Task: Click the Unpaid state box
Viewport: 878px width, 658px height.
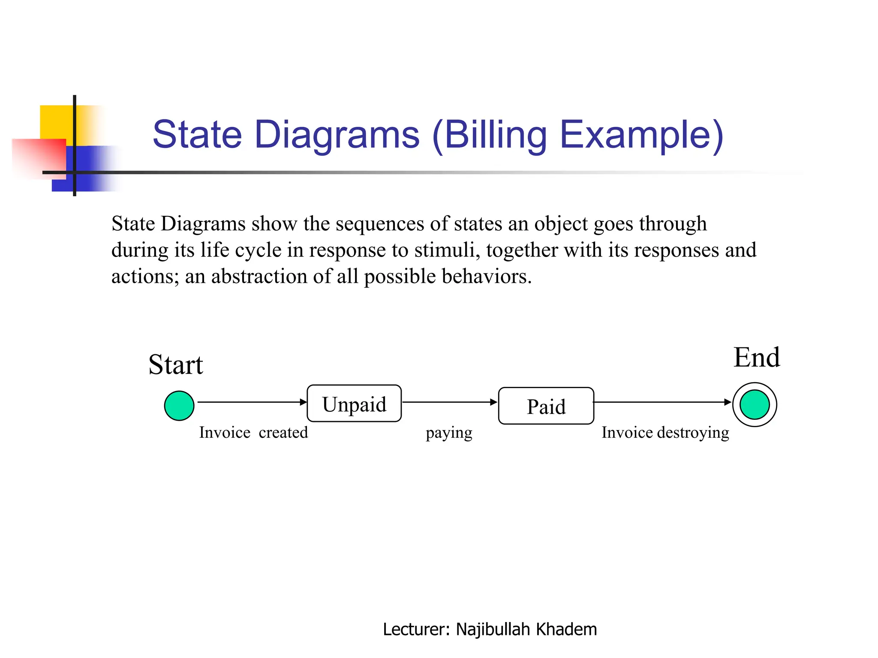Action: pos(354,404)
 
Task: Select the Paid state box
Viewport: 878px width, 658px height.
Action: pos(546,406)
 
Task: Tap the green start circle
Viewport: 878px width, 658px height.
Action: pos(179,406)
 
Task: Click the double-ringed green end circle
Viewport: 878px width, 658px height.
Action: pos(755,405)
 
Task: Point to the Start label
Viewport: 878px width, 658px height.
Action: pos(175,365)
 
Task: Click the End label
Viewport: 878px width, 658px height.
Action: pos(756,358)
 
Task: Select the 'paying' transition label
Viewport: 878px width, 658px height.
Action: pos(449,433)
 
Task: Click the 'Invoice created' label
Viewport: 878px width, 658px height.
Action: pos(253,432)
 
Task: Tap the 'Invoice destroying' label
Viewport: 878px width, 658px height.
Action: pos(665,433)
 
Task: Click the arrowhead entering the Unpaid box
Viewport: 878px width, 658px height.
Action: pos(304,402)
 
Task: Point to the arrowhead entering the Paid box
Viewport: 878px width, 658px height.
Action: pos(494,402)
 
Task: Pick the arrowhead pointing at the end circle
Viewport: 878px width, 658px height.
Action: pos(728,402)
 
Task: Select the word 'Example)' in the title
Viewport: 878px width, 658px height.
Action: pos(642,135)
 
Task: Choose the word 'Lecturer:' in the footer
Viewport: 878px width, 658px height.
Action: pos(416,629)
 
